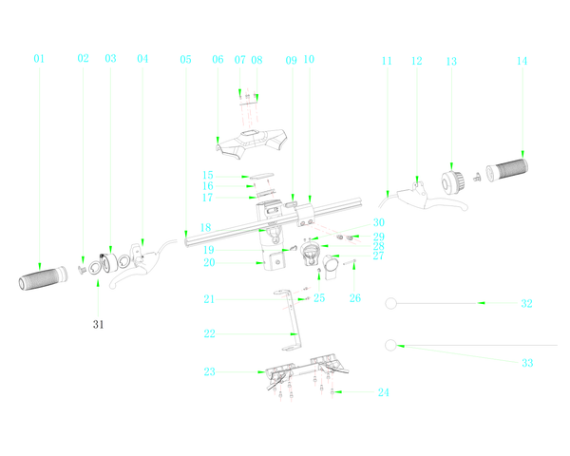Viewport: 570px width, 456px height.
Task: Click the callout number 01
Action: (39, 59)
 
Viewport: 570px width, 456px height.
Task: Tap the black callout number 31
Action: (98, 324)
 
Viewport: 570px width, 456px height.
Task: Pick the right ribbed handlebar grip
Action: (506, 170)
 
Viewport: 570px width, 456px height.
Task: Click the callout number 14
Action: (522, 61)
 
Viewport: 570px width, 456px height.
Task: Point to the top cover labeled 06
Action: (252, 143)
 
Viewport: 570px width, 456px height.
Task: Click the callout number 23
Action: (209, 371)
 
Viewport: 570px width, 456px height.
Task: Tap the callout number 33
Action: (527, 363)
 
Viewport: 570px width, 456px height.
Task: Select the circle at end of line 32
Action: (390, 303)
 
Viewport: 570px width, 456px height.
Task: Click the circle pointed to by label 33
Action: (390, 346)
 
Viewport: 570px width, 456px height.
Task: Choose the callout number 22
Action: (209, 333)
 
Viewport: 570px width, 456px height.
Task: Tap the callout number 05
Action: (185, 59)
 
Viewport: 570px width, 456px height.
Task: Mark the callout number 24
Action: (384, 392)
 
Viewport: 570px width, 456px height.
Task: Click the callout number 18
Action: (206, 228)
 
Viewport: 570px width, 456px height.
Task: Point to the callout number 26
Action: (355, 298)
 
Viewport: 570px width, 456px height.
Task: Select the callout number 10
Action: (309, 59)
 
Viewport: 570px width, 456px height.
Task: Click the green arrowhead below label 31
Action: (98, 283)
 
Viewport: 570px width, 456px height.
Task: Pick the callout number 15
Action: (208, 175)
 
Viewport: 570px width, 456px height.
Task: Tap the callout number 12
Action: (417, 61)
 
